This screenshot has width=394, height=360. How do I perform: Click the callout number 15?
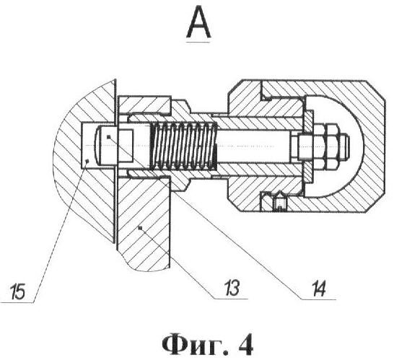[17, 291]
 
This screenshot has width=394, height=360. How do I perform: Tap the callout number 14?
[319, 288]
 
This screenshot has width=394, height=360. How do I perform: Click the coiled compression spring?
[183, 146]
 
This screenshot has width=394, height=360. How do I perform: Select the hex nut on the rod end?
[320, 146]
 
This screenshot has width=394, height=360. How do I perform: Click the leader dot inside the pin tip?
[108, 137]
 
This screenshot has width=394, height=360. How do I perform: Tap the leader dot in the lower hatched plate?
[141, 228]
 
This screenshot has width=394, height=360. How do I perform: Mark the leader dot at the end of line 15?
[87, 161]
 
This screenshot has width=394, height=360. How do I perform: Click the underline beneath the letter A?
[198, 42]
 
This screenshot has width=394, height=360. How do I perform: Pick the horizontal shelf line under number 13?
[231, 299]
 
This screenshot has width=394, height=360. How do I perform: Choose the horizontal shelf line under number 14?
[318, 299]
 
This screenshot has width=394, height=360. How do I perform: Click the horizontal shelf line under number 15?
[17, 303]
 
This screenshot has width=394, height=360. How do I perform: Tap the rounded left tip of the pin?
[97, 145]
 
